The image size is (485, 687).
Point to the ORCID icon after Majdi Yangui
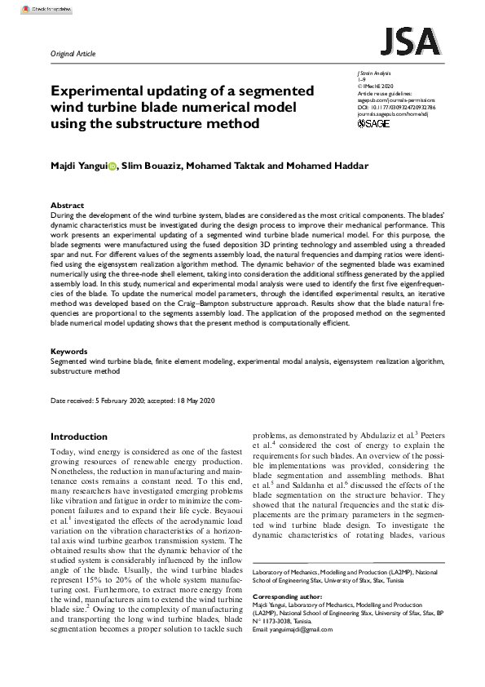[114, 166]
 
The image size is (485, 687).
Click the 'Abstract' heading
[67, 206]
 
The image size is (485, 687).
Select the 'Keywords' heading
[70, 352]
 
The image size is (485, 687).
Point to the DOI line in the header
[396, 107]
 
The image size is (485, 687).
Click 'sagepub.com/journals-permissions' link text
[397, 100]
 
